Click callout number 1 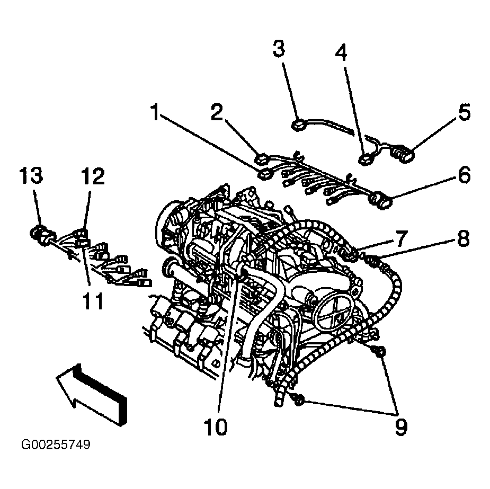[155, 112]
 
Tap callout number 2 [216, 112]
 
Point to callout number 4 [341, 53]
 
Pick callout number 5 [465, 112]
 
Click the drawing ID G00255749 [56, 444]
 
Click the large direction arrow [91, 395]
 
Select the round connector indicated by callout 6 [381, 200]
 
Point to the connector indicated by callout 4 [365, 160]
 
